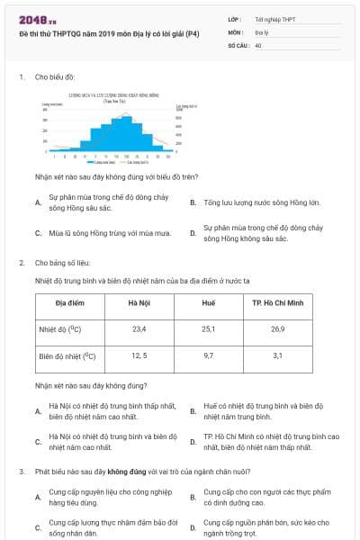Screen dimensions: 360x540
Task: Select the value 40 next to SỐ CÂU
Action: tap(258, 44)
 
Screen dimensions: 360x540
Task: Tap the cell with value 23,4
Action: tap(139, 329)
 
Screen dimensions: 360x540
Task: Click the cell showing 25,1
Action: tap(209, 329)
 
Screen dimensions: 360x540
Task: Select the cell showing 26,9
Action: tap(277, 329)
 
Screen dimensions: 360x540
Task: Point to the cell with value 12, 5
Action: tap(139, 355)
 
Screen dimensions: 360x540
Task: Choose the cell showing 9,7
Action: tap(209, 355)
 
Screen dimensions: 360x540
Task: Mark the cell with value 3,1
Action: tap(277, 355)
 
